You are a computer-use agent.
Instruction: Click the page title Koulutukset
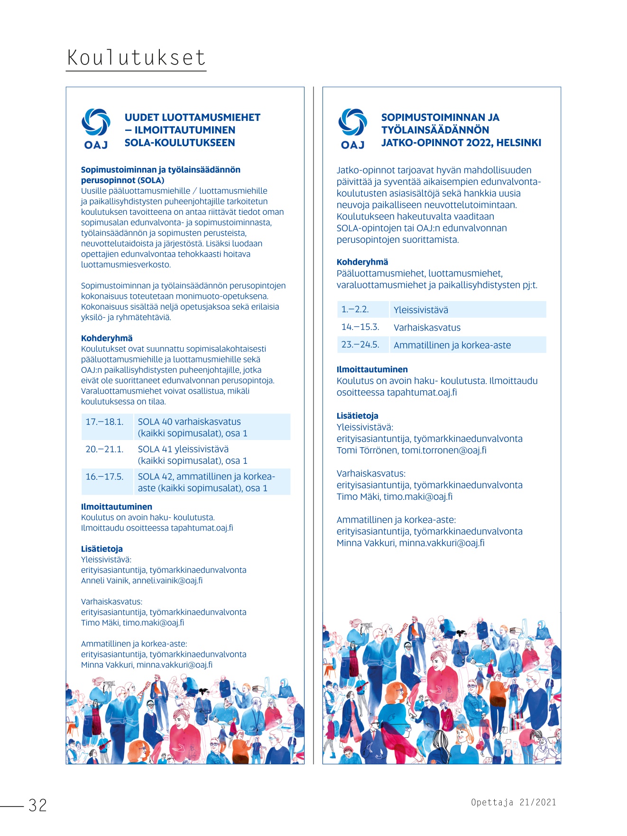tap(136, 58)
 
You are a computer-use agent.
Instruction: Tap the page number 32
tap(38, 805)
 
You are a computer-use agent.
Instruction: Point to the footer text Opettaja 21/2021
tap(513, 802)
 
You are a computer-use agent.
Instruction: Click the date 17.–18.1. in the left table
tap(104, 422)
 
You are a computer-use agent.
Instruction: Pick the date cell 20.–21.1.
tap(104, 450)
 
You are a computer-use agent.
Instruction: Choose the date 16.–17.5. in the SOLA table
tap(104, 477)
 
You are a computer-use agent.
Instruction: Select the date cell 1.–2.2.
tap(355, 310)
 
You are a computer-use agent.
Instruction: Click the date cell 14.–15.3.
tap(360, 327)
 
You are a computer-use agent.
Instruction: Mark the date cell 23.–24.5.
tap(360, 345)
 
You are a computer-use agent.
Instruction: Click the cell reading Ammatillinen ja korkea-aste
tap(452, 345)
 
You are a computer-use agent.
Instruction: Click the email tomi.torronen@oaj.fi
tap(444, 450)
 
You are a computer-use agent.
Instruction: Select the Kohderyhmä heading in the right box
tap(362, 262)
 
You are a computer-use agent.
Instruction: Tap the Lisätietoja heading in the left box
tap(102, 549)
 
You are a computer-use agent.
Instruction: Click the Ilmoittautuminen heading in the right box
tap(372, 369)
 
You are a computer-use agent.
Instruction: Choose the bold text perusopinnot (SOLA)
tap(123, 181)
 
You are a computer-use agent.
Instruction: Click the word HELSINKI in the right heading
tap(519, 143)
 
